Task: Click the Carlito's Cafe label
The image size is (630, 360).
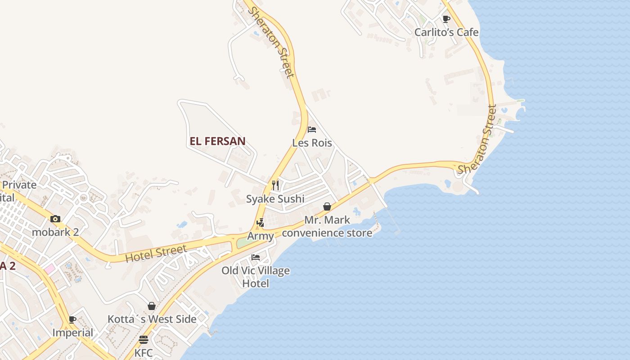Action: [x=446, y=32]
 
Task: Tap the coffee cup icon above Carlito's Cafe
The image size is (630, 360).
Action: [x=446, y=19]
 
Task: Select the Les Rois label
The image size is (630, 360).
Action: [x=312, y=143]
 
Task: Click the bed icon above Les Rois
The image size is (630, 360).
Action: [x=312, y=130]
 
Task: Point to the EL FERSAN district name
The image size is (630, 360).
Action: [x=217, y=141]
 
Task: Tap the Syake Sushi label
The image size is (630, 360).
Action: [x=275, y=199]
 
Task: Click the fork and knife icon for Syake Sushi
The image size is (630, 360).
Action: [x=275, y=185]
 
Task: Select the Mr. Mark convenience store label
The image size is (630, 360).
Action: [x=327, y=227]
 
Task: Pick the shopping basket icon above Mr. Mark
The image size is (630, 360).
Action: [x=327, y=207]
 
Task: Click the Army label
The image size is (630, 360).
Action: [x=260, y=236]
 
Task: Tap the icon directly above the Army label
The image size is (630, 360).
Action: [x=260, y=223]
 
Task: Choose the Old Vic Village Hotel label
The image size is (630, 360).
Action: [x=256, y=277]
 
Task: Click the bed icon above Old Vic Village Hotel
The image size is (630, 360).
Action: [x=256, y=257]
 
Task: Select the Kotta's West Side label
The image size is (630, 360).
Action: [x=152, y=319]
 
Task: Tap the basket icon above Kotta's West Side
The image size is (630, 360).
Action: [x=152, y=306]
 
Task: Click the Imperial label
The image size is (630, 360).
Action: [x=72, y=333]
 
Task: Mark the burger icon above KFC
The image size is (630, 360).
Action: [x=144, y=339]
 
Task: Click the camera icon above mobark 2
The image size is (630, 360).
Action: [x=55, y=219]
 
